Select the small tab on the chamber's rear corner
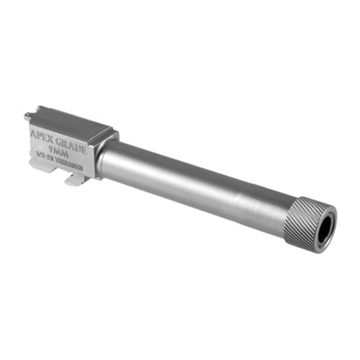click(x=28, y=117)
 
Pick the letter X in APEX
click(x=51, y=138)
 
